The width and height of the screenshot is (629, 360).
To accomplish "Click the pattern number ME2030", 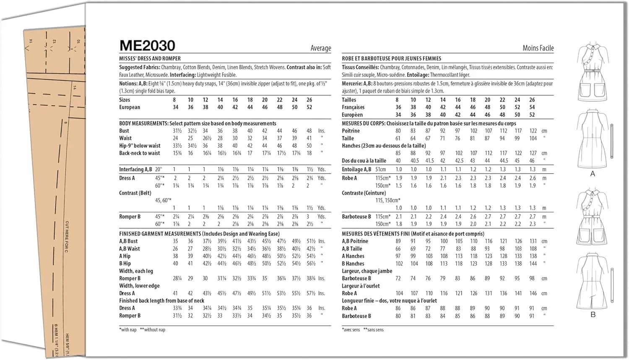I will tap(147, 46).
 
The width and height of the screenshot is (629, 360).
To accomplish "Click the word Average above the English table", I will tap(321, 48).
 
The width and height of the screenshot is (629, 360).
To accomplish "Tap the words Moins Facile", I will tap(538, 48).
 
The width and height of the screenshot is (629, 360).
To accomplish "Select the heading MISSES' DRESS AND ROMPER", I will tap(150, 59).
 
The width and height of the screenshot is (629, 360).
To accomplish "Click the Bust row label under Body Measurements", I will tap(124, 131).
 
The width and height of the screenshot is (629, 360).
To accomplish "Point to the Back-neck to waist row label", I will tap(140, 153).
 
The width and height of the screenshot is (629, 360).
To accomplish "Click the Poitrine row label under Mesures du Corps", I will tap(351, 131).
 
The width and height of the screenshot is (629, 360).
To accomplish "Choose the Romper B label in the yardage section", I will tap(130, 217).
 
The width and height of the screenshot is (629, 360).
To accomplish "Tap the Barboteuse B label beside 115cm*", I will tap(356, 217).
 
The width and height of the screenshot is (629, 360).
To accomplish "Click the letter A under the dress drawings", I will tap(593, 174).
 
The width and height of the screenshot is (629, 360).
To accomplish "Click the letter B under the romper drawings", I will tap(593, 315).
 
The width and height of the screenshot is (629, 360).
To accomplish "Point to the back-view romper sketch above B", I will tap(593, 281).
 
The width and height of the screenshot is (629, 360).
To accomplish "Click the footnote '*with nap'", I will tap(128, 330).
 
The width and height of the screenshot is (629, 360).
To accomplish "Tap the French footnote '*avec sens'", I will tap(351, 330).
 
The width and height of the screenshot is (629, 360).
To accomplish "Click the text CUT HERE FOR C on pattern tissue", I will tap(67, 237).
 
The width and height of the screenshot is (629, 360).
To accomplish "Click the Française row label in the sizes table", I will tap(353, 107).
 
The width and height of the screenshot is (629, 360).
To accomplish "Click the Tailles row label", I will tap(349, 100).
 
